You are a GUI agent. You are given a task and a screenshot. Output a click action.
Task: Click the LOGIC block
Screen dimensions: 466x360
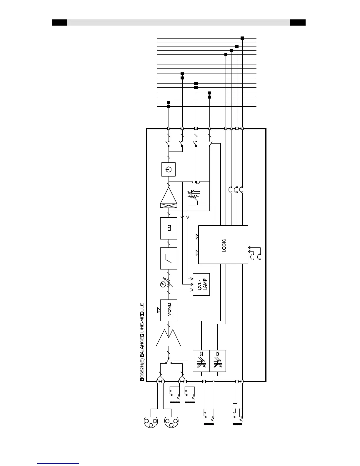[x=223, y=244]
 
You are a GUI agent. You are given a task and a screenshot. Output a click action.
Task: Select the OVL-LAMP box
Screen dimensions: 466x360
[x=201, y=284]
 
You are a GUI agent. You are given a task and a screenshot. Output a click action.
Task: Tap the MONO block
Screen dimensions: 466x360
[x=169, y=310]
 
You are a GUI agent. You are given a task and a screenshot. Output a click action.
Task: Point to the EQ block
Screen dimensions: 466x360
[x=169, y=228]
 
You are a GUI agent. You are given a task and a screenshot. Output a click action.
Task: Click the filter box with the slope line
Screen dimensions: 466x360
[x=169, y=258]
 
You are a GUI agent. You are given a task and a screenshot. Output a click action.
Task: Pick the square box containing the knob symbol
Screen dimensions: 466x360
[x=168, y=169]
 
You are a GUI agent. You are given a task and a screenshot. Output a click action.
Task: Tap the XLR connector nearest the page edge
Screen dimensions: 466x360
[x=150, y=422]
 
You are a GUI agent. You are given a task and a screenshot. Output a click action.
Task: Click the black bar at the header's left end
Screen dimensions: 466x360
[x=59, y=23]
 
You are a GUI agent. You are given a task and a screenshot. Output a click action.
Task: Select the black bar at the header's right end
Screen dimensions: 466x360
[x=297, y=23]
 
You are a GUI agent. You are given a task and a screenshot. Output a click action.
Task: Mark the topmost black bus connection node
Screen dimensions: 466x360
[x=242, y=38]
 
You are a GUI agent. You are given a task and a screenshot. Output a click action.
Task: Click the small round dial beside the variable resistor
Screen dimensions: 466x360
[x=162, y=284]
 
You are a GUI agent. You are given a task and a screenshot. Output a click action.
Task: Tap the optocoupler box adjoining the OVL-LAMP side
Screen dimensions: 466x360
[x=201, y=361]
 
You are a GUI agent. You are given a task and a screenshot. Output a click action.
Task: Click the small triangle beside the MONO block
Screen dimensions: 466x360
[x=159, y=310]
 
